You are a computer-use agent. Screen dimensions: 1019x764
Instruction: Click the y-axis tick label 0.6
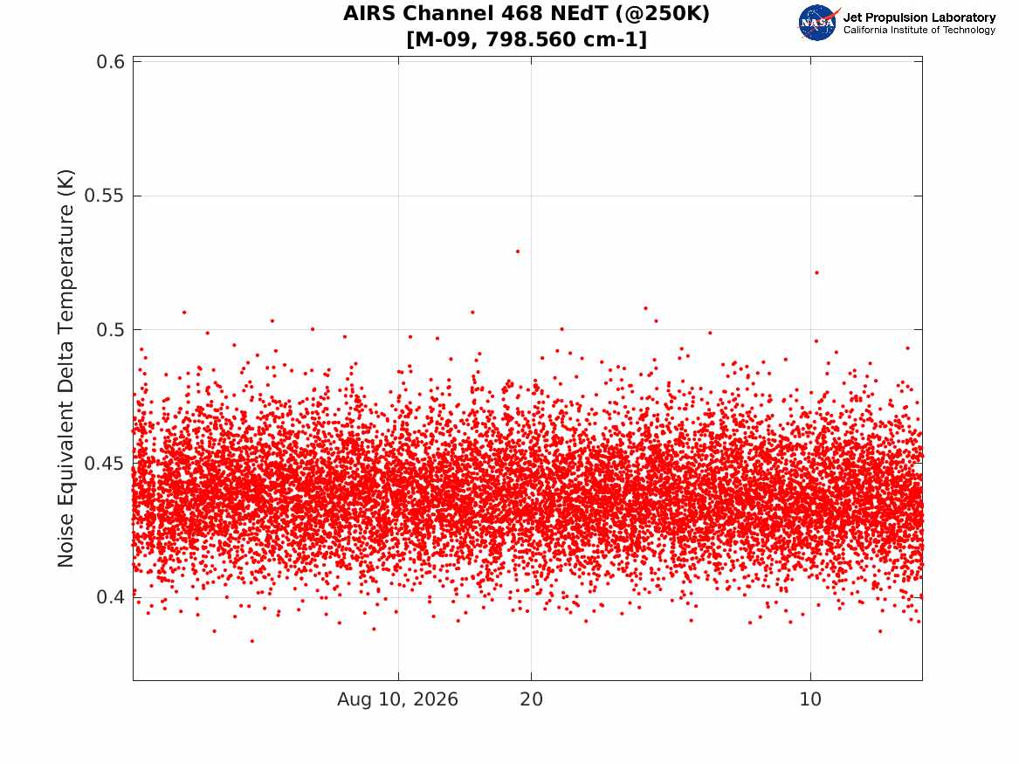tap(111, 62)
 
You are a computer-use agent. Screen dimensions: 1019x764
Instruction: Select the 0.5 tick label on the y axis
tap(111, 329)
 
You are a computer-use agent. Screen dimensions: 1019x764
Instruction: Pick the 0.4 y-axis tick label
tap(111, 597)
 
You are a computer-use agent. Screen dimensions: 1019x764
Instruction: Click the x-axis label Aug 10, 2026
tap(397, 699)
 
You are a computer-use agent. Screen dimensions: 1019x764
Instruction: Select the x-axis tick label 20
tap(531, 699)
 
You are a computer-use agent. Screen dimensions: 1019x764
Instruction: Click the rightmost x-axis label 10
tap(810, 699)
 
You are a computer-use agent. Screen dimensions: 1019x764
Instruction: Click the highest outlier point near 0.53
tap(517, 251)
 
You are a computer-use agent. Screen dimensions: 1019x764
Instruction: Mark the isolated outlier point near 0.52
tap(817, 272)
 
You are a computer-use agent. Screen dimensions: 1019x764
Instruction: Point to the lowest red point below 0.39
tap(252, 641)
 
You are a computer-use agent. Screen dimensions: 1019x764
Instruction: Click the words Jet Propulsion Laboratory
tap(919, 17)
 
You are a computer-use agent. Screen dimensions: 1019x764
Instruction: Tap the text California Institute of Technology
tap(919, 30)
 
